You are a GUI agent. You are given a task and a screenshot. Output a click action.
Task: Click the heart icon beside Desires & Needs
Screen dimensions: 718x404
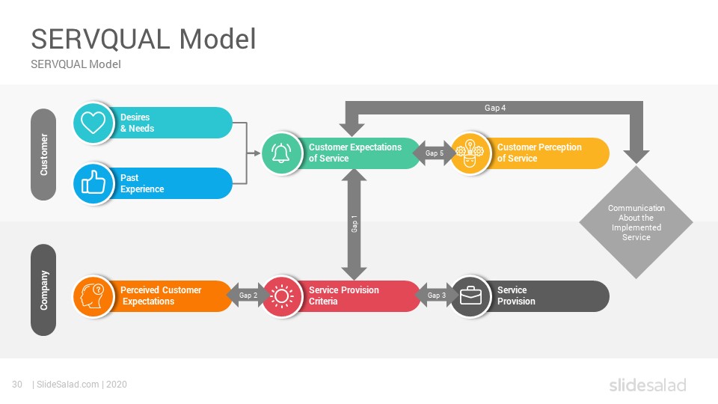point(93,122)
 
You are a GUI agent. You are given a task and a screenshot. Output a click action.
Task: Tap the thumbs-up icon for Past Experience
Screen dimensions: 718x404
point(93,183)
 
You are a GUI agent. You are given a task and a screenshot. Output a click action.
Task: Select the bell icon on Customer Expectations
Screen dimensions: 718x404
point(281,153)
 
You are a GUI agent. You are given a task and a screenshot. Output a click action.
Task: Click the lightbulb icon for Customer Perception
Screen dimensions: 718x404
point(470,153)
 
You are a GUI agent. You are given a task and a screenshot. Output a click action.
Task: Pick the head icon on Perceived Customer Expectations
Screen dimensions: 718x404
point(93,296)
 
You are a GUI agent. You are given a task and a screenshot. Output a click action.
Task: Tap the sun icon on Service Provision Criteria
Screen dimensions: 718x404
point(282,296)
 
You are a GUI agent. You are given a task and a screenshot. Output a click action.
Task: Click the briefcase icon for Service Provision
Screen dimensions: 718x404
point(470,296)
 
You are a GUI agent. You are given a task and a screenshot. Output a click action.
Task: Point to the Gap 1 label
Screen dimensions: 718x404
point(354,224)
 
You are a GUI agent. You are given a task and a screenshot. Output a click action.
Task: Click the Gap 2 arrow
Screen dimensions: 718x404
point(248,296)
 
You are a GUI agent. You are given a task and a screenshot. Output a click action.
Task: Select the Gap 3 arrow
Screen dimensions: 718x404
point(436,296)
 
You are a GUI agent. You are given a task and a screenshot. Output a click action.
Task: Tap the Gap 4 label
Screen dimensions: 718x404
point(495,108)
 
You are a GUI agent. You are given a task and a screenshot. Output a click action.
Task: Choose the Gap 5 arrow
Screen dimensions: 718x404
point(434,153)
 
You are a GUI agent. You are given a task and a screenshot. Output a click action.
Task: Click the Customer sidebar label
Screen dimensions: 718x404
point(43,154)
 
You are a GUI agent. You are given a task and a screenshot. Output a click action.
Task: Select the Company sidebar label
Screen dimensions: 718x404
point(43,290)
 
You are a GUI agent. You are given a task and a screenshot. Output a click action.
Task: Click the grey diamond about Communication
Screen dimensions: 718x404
point(636,222)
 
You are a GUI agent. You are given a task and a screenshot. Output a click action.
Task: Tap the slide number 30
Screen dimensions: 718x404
point(17,385)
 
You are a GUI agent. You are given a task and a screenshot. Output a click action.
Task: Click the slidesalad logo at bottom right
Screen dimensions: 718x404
point(648,385)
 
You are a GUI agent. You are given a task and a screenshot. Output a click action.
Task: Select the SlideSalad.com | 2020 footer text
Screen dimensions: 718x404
point(79,385)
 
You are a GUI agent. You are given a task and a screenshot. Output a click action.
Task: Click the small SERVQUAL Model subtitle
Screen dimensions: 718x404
point(76,64)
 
